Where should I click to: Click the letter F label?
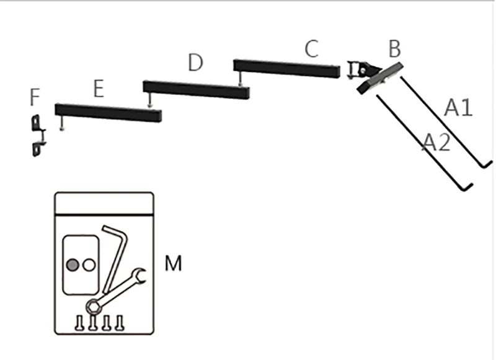35,97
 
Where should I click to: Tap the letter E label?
99,89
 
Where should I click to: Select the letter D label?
195,62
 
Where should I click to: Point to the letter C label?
312,49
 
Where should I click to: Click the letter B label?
394,49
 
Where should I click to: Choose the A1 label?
458,107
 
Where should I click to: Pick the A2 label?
436,143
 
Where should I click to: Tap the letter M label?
174,263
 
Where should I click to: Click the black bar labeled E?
108,113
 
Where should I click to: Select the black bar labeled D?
196,90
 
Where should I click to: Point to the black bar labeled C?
286,69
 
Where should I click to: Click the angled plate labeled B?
380,77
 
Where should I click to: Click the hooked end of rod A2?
467,187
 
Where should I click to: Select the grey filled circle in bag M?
73,265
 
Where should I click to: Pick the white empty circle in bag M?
89,265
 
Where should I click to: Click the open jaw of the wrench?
139,275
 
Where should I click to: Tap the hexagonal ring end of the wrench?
94,307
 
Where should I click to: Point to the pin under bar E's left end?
62,123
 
